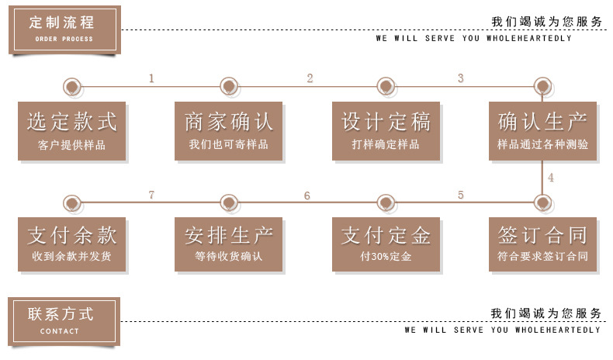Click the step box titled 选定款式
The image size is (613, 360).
pos(72,130)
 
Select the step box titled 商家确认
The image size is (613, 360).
pos(229,130)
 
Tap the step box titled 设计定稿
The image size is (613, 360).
pos(386,130)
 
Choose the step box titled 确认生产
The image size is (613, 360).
pos(542,130)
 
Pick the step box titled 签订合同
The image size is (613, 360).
pos(542,244)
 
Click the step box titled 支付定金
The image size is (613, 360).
pos(386,244)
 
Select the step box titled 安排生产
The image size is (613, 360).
pos(229,244)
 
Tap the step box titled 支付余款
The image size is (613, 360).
pos(72,244)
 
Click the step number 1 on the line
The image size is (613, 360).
pos(151,78)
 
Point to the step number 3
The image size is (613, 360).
pos(460,78)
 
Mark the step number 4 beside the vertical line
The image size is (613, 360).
pos(551,178)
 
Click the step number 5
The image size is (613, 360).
pos(460,196)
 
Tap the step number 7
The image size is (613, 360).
pos(151,196)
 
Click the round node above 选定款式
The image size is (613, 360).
pos(72,85)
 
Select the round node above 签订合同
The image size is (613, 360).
pos(542,202)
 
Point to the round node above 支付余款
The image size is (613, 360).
pos(72,202)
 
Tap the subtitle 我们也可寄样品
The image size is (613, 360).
pos(229,145)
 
